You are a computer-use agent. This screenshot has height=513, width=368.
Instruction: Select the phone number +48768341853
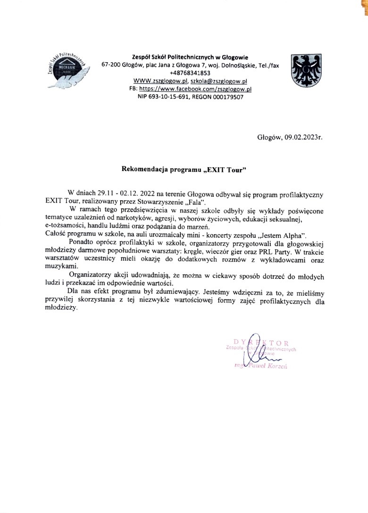click(x=191, y=73)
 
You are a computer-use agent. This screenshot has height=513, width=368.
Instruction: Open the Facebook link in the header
click(x=196, y=89)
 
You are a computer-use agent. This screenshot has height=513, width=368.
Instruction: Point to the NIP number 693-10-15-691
click(x=166, y=97)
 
